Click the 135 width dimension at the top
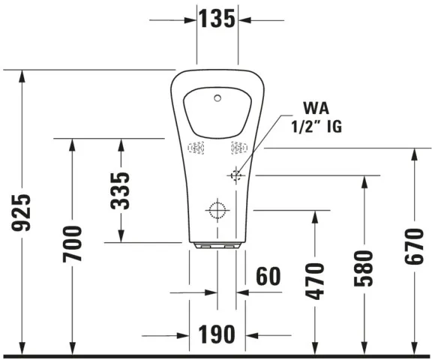click(x=217, y=19)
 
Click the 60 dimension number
click(x=268, y=276)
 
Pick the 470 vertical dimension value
click(x=315, y=280)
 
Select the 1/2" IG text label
click(x=316, y=127)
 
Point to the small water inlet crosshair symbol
click(x=237, y=175)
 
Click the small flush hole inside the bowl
click(x=218, y=97)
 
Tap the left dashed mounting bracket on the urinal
click(x=196, y=148)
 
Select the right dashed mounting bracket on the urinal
click(x=238, y=148)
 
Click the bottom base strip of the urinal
click(x=217, y=245)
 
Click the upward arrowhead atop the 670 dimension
click(x=413, y=154)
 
